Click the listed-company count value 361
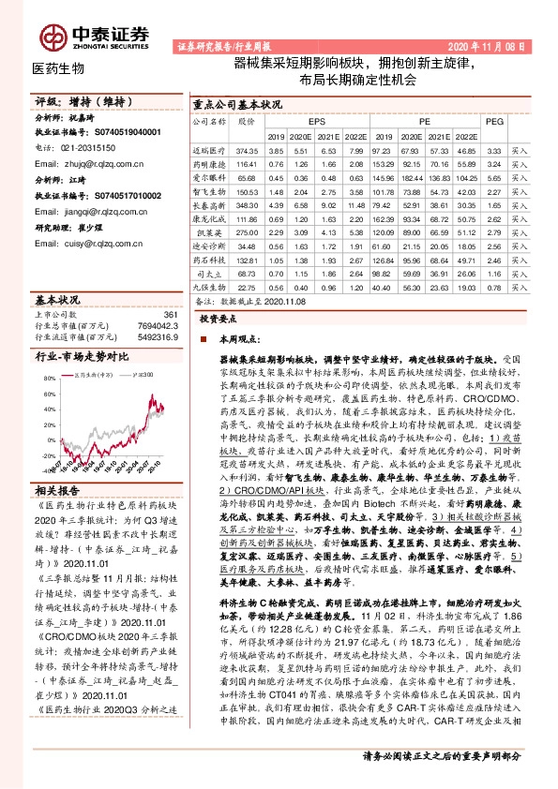[x=170, y=315]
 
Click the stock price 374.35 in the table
[x=247, y=150]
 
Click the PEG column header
[x=495, y=121]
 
